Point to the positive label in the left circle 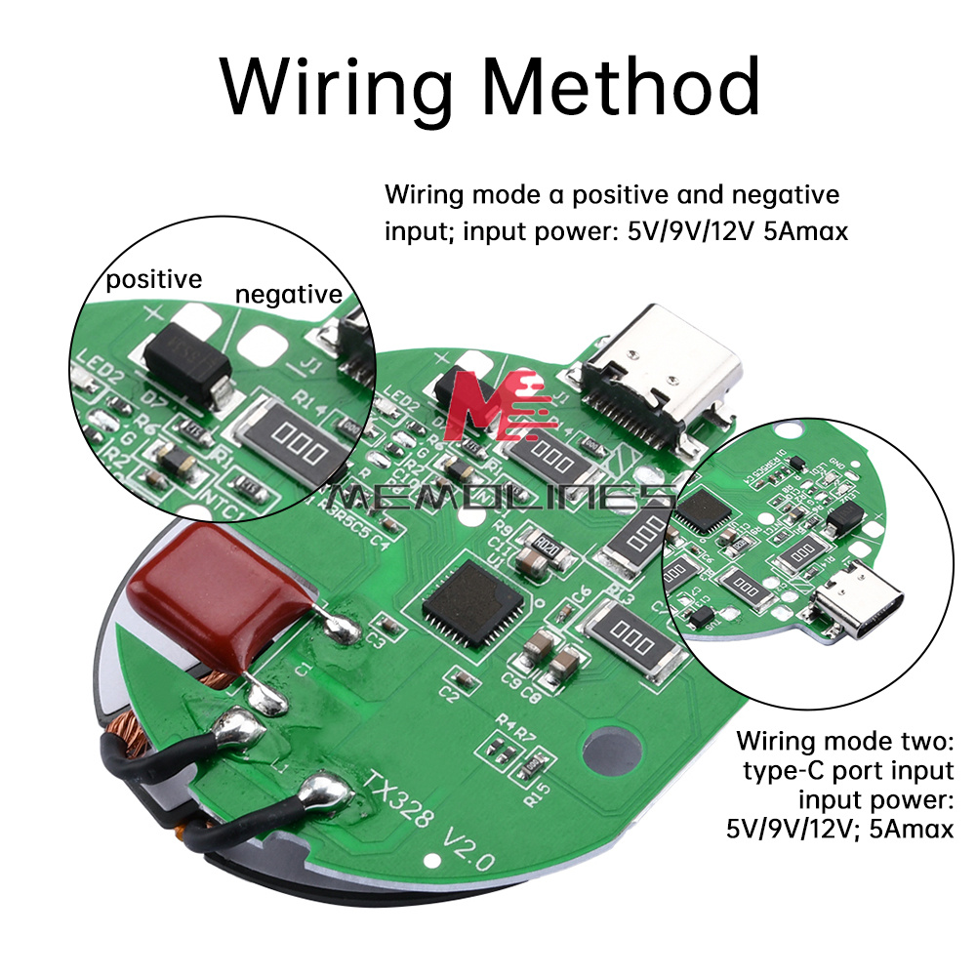154,280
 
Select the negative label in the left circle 289,294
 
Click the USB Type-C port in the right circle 859,606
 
